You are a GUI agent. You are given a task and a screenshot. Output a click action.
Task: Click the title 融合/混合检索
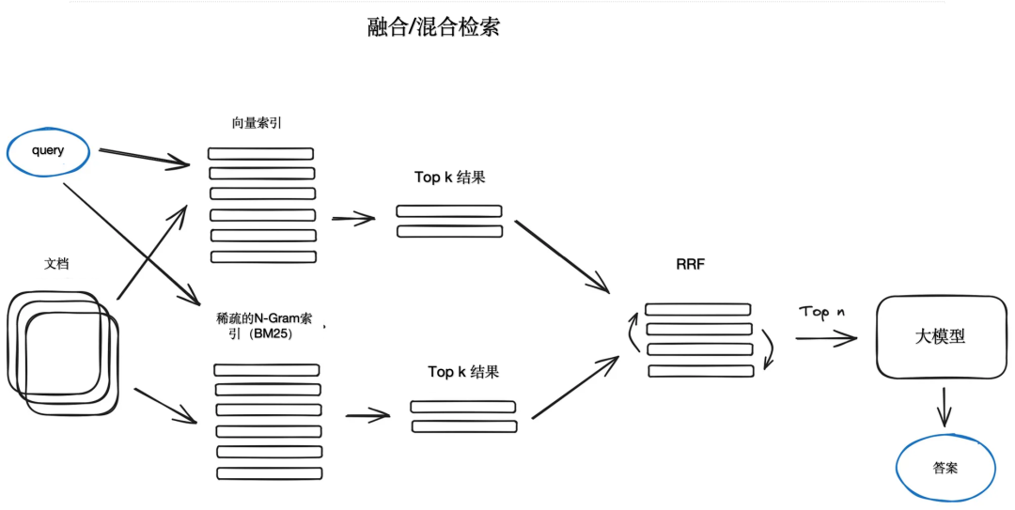pos(433,27)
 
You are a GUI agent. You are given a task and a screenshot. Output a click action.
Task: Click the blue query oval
pos(48,152)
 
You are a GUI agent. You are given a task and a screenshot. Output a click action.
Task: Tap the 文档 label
pos(56,264)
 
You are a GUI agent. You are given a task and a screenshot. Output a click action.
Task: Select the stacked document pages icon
pos(63,352)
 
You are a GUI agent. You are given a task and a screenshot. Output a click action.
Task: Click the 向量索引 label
pos(256,123)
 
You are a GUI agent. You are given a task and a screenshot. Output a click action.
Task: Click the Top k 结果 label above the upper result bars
pos(450,178)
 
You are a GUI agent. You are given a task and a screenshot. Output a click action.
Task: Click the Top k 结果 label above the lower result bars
pos(463,372)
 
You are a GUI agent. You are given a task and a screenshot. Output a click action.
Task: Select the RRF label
pos(691,266)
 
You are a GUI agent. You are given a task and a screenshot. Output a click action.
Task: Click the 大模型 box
pos(940,336)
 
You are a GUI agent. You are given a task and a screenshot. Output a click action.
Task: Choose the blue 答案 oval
pos(945,467)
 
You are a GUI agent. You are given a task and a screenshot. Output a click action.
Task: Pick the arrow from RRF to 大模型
pos(825,337)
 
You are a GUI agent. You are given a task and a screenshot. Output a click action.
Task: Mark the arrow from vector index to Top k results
pos(352,219)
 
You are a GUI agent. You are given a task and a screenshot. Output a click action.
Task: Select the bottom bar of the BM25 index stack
pos(270,473)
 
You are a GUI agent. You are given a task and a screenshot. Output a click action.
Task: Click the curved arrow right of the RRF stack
pos(769,348)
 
